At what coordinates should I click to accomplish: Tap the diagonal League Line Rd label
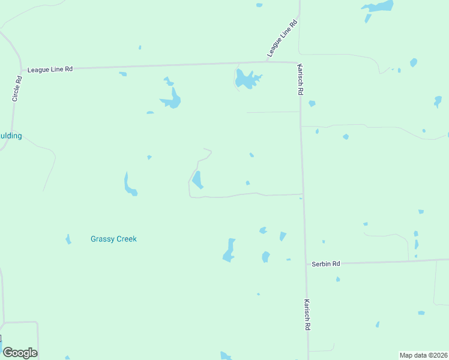point(283,40)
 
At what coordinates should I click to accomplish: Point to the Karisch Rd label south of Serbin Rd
point(307,315)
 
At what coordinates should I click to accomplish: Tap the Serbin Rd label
point(326,264)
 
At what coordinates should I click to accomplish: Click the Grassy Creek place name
point(113,239)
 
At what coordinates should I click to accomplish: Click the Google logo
point(20,353)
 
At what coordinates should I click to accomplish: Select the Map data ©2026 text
point(423,355)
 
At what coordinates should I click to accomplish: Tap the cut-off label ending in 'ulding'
point(11,136)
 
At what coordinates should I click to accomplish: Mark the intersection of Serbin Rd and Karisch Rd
point(306,263)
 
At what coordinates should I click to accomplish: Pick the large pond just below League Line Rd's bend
point(247,79)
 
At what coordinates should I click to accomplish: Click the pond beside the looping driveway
point(197,179)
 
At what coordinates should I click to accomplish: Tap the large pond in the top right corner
point(378,7)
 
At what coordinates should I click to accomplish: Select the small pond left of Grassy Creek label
point(68,239)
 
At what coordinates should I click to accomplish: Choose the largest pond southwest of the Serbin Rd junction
point(229,250)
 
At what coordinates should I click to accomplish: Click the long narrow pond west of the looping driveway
point(129,185)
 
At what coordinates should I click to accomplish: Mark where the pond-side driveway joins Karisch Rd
point(302,194)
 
